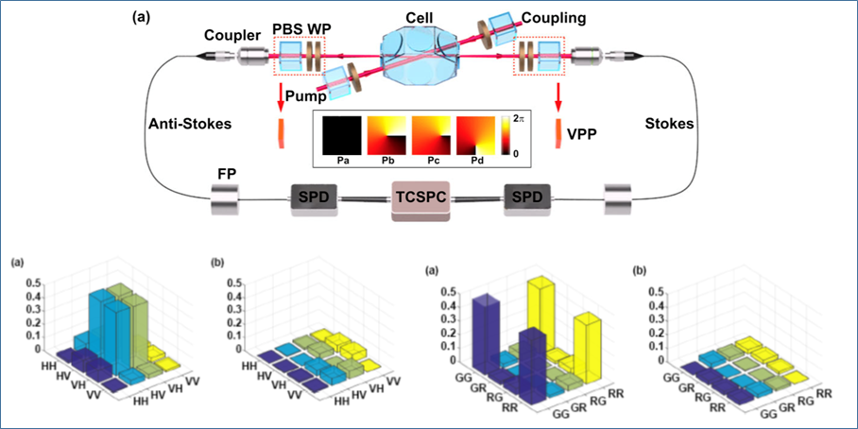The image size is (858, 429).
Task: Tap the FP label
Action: (230, 173)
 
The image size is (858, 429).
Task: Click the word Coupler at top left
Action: (231, 37)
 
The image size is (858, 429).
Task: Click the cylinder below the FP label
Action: (230, 200)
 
